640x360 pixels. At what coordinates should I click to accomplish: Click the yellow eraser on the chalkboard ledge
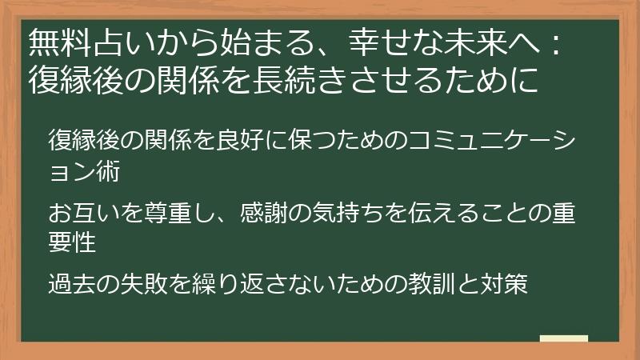(564, 339)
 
